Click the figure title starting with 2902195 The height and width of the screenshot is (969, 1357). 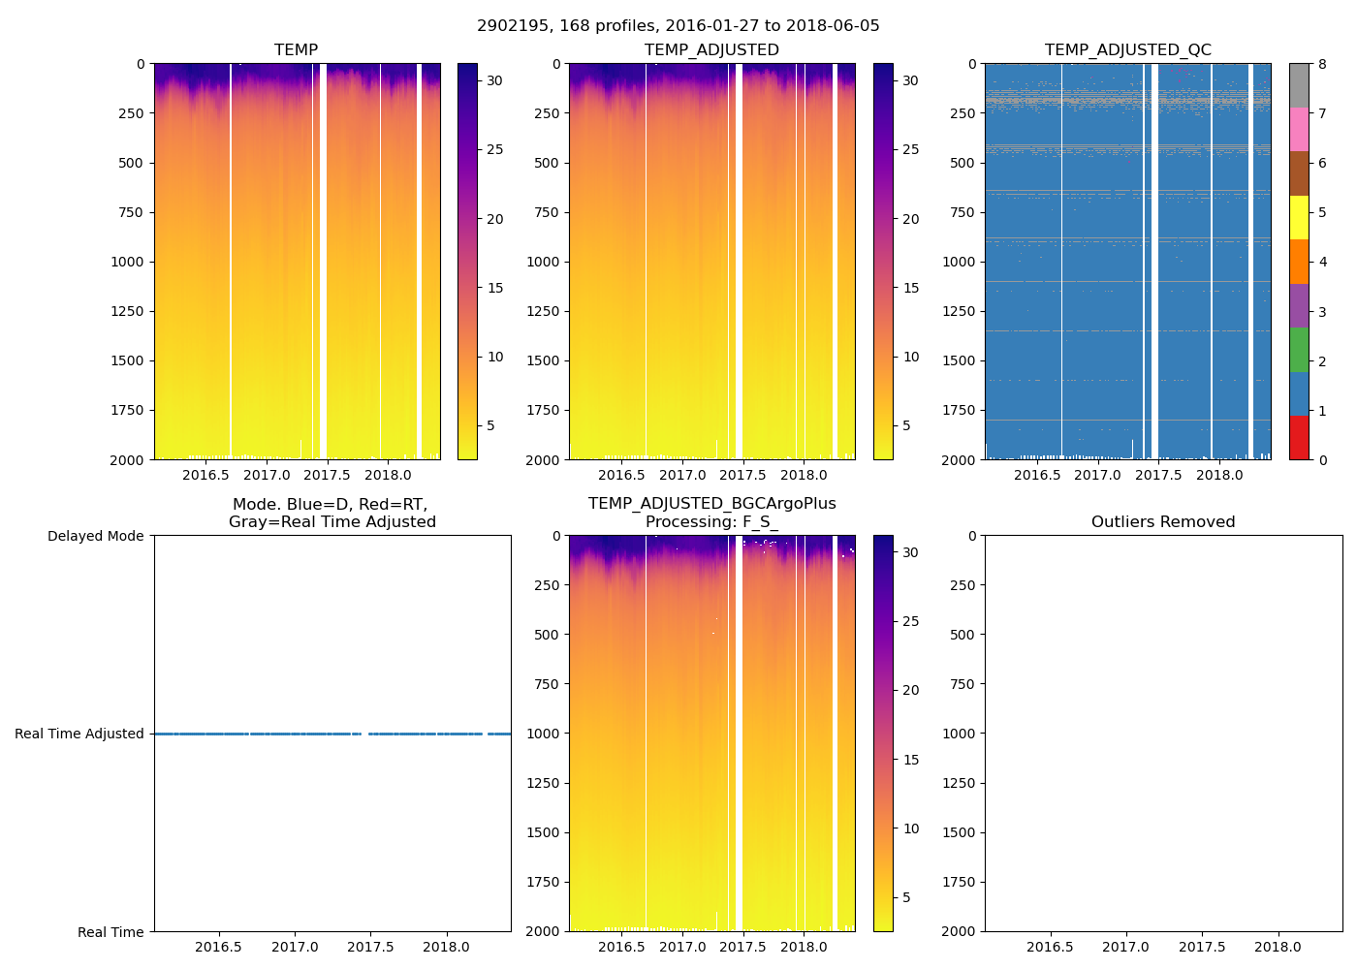[x=678, y=26]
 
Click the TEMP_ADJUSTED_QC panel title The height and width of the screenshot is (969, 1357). [x=1127, y=49]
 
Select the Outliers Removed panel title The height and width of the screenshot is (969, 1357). [x=1163, y=521]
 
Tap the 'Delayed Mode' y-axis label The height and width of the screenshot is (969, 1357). [x=95, y=536]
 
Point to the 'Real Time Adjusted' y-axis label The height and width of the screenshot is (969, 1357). [x=79, y=734]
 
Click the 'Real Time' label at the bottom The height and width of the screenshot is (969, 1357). [x=110, y=932]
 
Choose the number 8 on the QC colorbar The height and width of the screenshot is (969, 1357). [x=1322, y=64]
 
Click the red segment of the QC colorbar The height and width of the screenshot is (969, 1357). [x=1299, y=437]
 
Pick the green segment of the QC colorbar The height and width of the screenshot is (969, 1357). [x=1299, y=350]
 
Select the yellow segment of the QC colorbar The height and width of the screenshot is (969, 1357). [x=1299, y=217]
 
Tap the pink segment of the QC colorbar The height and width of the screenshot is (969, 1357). [x=1299, y=129]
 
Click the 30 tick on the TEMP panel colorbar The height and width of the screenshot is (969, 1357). [x=494, y=80]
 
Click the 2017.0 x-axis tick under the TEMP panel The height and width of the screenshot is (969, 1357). [x=267, y=475]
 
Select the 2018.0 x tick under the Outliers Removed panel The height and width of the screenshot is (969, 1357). [x=1278, y=947]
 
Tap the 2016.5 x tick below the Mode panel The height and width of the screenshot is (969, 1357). [x=218, y=947]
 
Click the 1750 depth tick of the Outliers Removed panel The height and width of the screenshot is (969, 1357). [x=960, y=882]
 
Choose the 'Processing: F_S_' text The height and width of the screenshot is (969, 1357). [x=711, y=521]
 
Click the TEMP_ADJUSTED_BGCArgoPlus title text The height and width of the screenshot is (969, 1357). [x=711, y=503]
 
